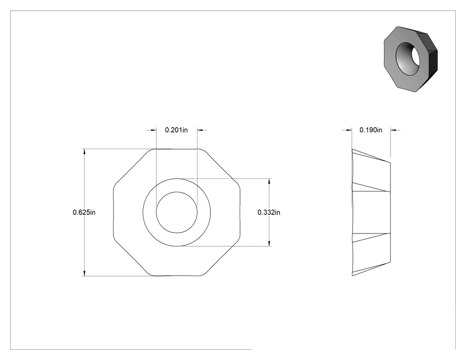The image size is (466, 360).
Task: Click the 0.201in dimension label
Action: click(176, 130)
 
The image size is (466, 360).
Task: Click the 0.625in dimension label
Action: click(84, 212)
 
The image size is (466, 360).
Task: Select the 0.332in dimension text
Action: click(269, 212)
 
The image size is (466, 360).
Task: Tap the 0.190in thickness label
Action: click(371, 130)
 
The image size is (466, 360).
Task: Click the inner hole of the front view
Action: click(177, 212)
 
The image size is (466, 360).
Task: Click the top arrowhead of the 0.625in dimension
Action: click(84, 151)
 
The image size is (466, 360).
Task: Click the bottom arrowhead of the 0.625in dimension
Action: click(84, 273)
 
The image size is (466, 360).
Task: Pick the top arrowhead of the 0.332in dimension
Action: click(269, 182)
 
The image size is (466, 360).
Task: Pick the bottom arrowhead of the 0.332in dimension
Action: click(269, 243)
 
